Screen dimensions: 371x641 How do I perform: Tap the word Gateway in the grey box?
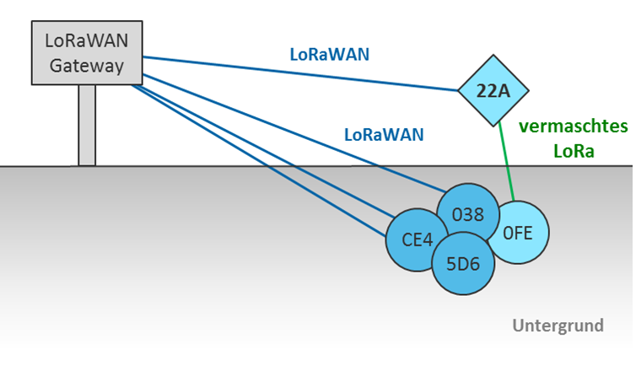pyautogui.click(x=87, y=66)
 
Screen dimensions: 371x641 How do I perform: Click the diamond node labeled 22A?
pyautogui.click(x=493, y=90)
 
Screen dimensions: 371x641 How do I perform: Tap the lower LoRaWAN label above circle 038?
pyautogui.click(x=383, y=134)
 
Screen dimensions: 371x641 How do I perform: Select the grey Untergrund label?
pyautogui.click(x=558, y=325)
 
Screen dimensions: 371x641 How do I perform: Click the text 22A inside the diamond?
pyautogui.click(x=493, y=91)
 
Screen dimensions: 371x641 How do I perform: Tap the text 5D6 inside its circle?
pyautogui.click(x=462, y=264)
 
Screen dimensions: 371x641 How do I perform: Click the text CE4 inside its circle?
pyautogui.click(x=417, y=239)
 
